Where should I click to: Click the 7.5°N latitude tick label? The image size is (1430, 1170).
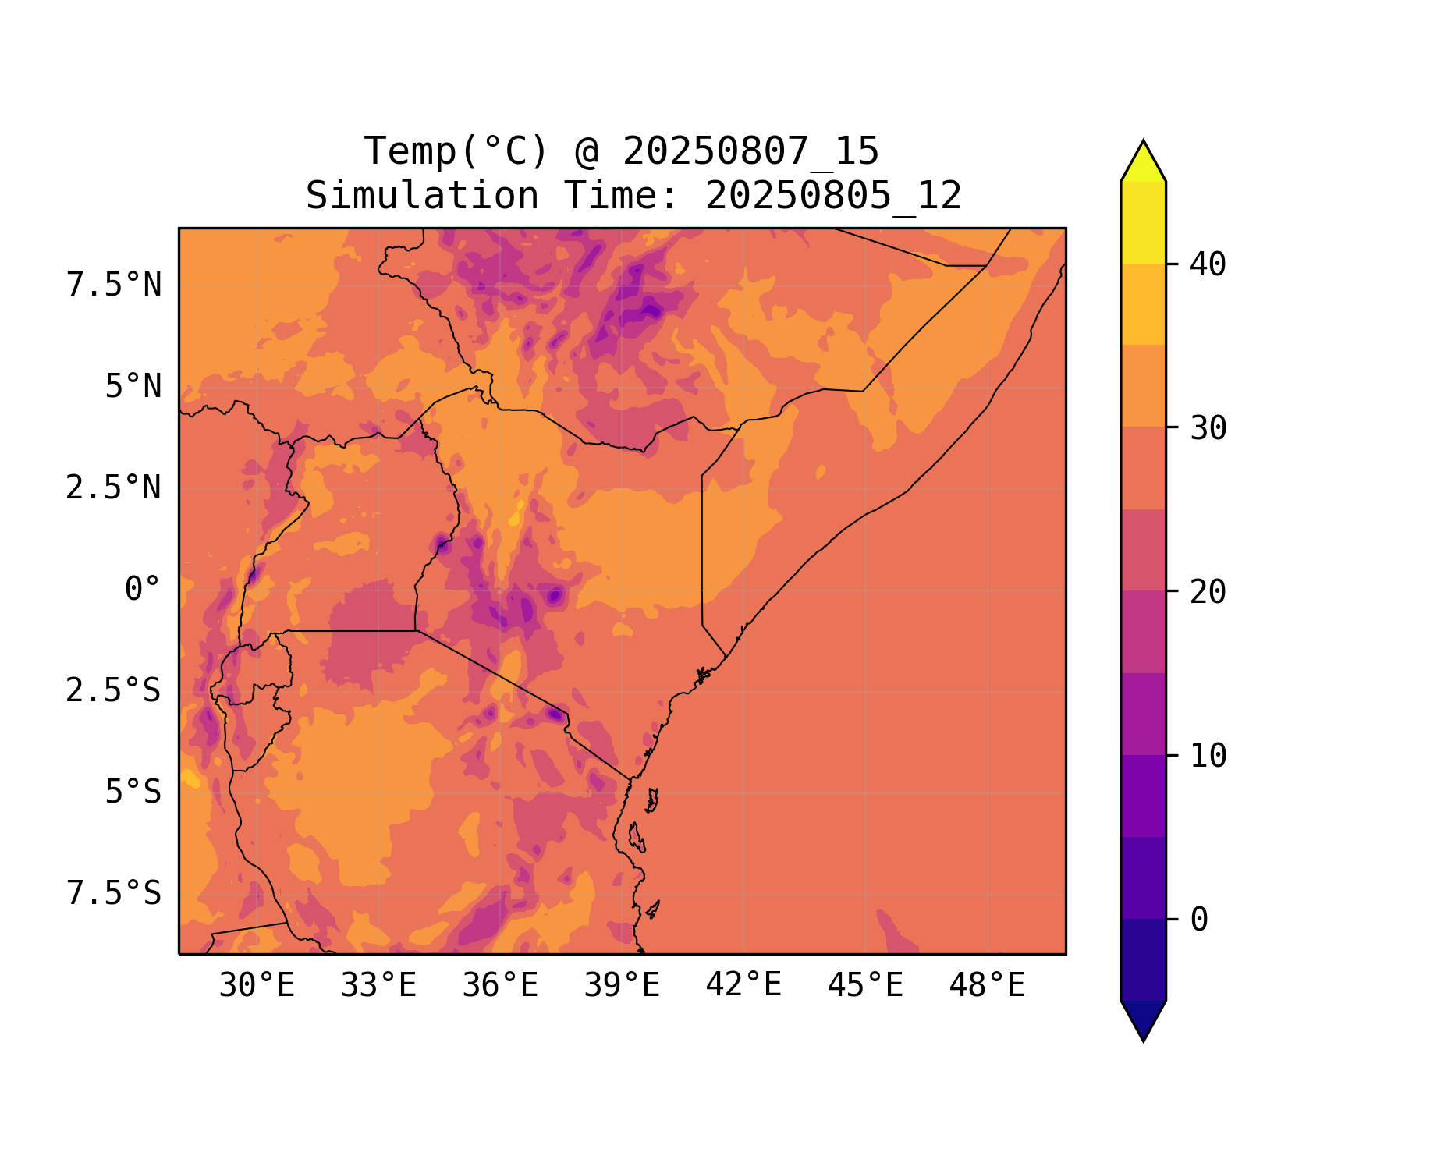click(114, 285)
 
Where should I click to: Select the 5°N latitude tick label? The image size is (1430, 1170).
click(133, 386)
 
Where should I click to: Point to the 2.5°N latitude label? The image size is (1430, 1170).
click(114, 487)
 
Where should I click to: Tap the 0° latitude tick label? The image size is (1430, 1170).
click(143, 589)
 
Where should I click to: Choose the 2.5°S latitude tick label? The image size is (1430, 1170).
click(114, 690)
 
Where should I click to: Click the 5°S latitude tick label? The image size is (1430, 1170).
click(133, 792)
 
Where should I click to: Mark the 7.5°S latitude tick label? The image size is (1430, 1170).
click(114, 893)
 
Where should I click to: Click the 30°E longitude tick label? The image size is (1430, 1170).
click(257, 986)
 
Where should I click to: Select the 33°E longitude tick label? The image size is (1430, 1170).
click(378, 986)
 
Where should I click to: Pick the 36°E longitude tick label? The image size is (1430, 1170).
click(500, 986)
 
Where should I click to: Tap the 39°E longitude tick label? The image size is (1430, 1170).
click(622, 986)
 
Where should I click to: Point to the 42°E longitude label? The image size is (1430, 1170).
click(743, 985)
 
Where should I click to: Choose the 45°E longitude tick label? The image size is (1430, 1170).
click(865, 986)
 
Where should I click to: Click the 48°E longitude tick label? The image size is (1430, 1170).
click(987, 986)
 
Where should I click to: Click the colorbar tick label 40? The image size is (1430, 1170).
click(1208, 264)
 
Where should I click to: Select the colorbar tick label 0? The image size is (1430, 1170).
click(1199, 920)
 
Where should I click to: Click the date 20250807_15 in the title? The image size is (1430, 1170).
click(750, 151)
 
